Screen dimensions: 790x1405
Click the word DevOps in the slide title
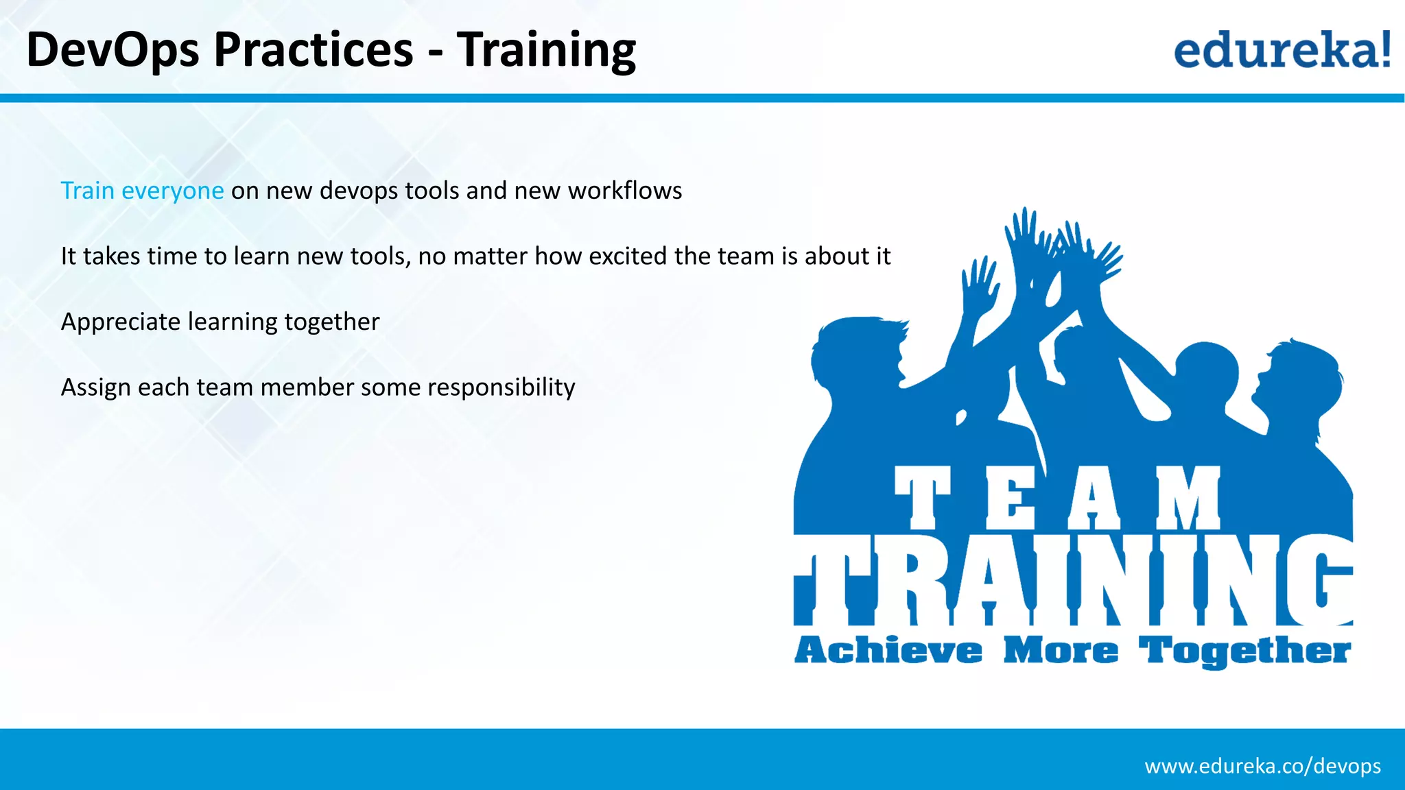click(x=113, y=49)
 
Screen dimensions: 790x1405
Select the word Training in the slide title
click(x=547, y=51)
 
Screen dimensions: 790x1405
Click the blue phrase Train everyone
click(x=142, y=191)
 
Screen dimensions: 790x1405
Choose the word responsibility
click(x=501, y=387)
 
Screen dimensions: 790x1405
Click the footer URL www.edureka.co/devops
click(x=1262, y=765)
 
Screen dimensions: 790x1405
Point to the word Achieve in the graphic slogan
click(x=888, y=650)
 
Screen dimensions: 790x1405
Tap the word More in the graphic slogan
click(x=1061, y=650)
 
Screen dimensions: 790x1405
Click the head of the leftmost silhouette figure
click(x=858, y=353)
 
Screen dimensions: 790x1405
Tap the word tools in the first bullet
click(x=432, y=191)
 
